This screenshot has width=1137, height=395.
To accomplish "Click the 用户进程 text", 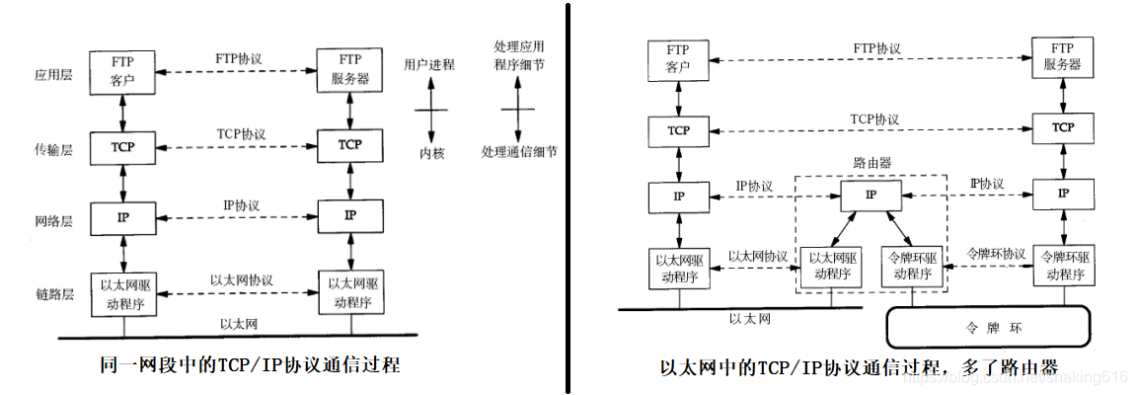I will (x=429, y=65).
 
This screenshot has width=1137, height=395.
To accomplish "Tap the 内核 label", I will (x=431, y=154).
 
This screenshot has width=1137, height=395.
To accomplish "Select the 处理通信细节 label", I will (x=519, y=153).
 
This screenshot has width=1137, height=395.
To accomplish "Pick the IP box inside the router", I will (x=870, y=196).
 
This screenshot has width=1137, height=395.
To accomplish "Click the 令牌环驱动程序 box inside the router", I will (x=911, y=266).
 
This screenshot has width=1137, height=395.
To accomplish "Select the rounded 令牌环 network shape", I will (x=986, y=327).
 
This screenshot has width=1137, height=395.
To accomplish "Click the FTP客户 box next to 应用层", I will (x=122, y=72).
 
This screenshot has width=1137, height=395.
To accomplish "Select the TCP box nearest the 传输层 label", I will (x=122, y=146).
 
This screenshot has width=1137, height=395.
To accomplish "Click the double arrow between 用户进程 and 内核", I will (x=430, y=110).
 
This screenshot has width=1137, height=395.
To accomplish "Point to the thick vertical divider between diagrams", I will (x=568, y=197).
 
